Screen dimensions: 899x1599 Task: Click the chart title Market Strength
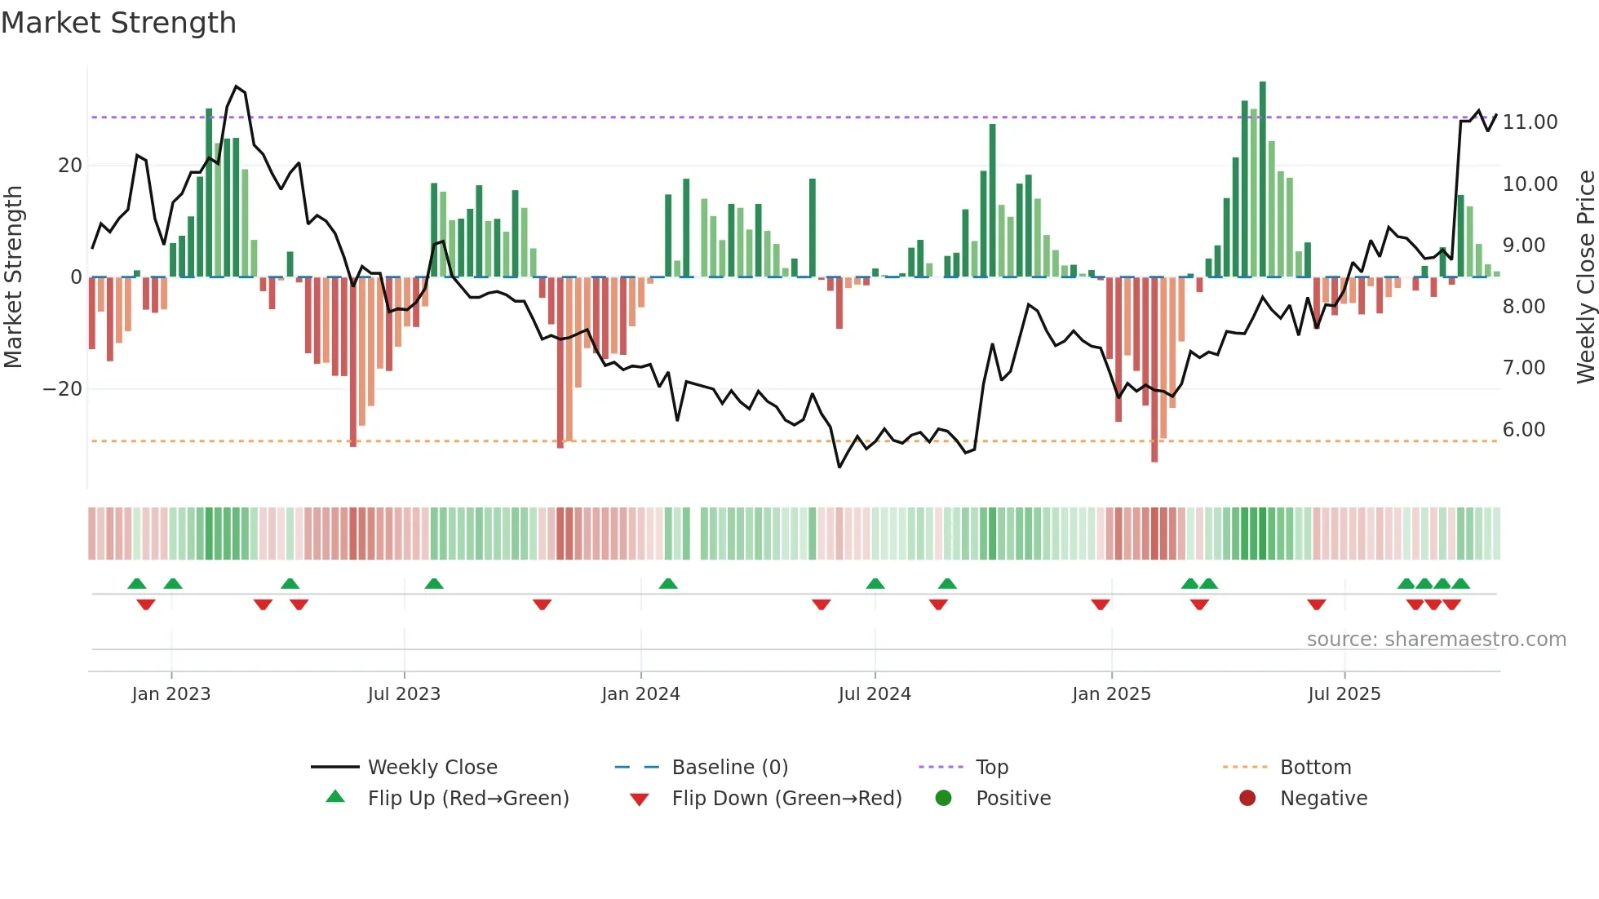(x=118, y=23)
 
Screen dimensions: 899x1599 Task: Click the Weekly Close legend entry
(x=432, y=767)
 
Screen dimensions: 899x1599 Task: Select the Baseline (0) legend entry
(x=729, y=767)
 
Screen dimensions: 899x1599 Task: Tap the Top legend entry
(x=991, y=767)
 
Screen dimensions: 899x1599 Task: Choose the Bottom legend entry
(x=1315, y=767)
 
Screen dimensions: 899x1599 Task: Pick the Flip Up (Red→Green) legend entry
(x=467, y=798)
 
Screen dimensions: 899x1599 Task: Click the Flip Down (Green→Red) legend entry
(x=786, y=798)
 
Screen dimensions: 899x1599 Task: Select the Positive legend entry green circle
(x=944, y=798)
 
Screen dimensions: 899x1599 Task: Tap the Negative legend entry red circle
(x=1247, y=798)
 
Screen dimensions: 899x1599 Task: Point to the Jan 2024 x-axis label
(x=640, y=694)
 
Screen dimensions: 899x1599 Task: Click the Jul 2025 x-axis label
(x=1344, y=694)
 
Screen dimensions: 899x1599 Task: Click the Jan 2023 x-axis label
(x=171, y=694)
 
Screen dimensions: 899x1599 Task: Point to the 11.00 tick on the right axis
(x=1530, y=122)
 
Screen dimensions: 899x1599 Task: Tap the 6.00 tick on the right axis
(x=1523, y=430)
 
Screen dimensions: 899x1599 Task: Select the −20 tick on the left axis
(x=63, y=389)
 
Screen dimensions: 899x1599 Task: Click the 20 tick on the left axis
(x=70, y=166)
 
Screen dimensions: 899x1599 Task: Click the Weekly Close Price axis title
(x=1585, y=277)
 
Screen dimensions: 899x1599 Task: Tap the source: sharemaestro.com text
(x=1436, y=640)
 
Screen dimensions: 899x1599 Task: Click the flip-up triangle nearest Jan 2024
(x=668, y=584)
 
